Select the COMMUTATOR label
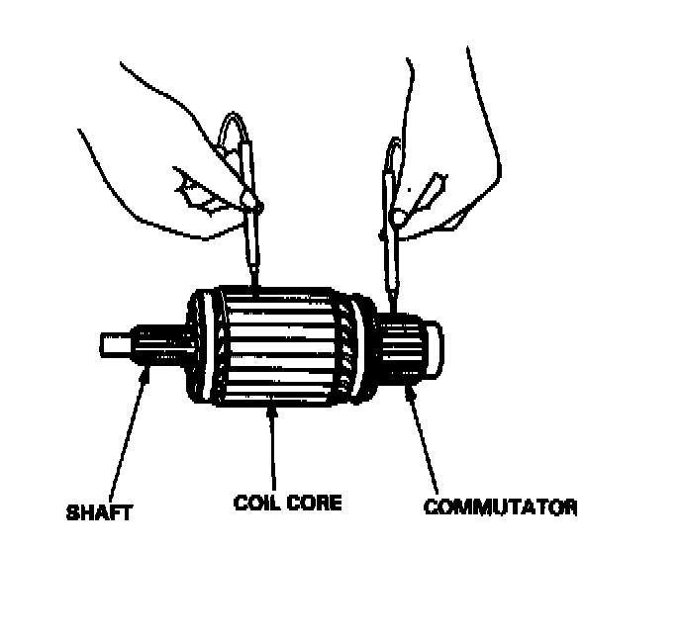pyautogui.click(x=500, y=507)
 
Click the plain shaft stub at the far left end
pyautogui.click(x=114, y=345)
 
